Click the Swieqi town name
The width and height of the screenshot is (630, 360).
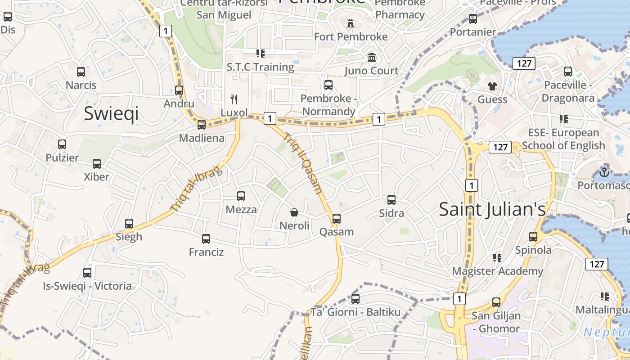coord(111,114)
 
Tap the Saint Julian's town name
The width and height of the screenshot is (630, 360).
coord(492,209)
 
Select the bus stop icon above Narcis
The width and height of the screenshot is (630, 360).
coord(81,72)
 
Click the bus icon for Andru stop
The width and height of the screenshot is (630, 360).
coord(179,90)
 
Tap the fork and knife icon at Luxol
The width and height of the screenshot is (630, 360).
coord(234,99)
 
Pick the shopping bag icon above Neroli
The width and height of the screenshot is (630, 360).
coord(294,212)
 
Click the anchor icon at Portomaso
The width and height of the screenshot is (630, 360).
coord(604,172)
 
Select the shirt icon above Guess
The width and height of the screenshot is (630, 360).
coord(492,86)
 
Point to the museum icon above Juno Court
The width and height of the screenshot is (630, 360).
coord(372,57)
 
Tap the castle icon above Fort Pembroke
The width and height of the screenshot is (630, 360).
coord(351,23)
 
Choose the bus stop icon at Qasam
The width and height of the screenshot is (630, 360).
coord(337,219)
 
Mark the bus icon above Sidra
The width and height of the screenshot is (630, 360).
coord(391,199)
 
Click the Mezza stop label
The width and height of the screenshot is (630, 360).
coord(241,210)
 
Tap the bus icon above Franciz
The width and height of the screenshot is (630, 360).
coord(206,238)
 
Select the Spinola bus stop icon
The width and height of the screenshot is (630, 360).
coord(533,236)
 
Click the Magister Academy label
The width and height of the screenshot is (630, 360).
coord(497,271)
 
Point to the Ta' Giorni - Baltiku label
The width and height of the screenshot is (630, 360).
coord(355,312)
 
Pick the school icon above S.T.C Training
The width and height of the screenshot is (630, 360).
coord(260,54)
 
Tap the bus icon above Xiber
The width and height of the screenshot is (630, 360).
coord(97,163)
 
